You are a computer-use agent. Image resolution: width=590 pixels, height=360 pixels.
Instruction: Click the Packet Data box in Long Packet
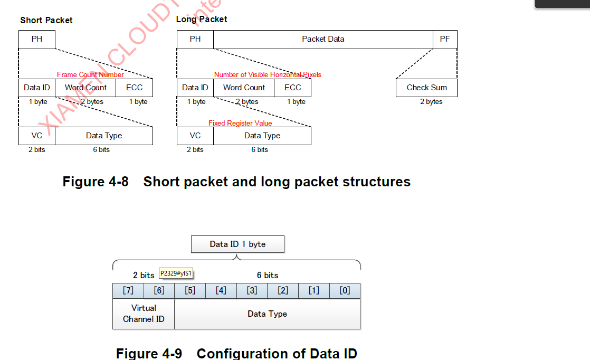coord(323,39)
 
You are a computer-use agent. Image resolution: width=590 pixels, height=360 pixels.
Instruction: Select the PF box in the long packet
coord(445,39)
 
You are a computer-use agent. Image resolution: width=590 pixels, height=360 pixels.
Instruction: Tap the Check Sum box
coord(426,88)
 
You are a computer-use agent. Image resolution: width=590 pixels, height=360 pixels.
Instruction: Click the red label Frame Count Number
coord(90,74)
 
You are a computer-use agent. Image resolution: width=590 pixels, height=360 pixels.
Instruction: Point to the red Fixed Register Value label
coord(240,123)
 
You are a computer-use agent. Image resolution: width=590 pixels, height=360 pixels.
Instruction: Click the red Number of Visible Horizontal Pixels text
coord(268,74)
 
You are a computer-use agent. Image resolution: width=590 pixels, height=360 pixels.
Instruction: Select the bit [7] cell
coord(128,291)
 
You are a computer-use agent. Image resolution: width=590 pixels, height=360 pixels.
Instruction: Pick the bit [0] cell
coord(345,291)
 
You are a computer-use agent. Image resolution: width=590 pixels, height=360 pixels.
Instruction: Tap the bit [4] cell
coord(221,291)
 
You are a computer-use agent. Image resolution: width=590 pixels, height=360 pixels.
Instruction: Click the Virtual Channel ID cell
coord(144,314)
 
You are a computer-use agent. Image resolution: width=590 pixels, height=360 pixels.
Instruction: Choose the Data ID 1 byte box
coord(237,244)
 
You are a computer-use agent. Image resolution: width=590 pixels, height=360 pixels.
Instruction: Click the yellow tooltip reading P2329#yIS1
coord(176,273)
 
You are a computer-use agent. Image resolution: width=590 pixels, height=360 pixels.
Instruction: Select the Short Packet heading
coord(46,20)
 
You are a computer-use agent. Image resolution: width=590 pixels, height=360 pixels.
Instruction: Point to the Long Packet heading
coord(202,19)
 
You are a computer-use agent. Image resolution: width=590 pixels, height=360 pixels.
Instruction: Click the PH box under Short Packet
coord(37,39)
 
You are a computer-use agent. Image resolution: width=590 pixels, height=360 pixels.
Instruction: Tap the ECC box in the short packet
coord(134,88)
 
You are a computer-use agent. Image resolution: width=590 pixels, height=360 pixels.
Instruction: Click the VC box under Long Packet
coord(195,136)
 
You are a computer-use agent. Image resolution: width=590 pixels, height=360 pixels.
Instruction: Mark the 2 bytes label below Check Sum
coord(431,101)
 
